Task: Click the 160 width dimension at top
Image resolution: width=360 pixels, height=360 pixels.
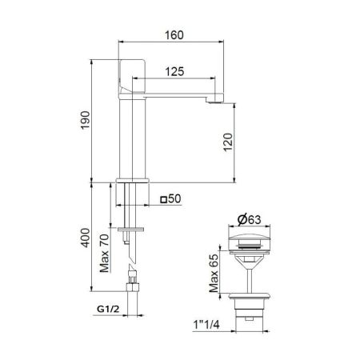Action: point(175,34)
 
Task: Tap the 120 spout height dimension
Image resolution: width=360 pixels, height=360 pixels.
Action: point(227,142)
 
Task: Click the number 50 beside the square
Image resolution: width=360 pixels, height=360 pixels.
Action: point(178,199)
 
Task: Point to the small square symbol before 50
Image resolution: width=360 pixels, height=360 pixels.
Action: point(164,199)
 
